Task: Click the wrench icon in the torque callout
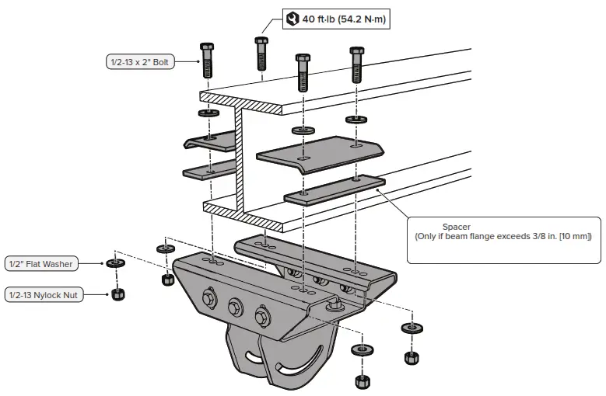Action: [x=292, y=19]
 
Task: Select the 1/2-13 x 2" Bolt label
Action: [x=140, y=61]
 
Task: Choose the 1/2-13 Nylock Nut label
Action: [x=47, y=294]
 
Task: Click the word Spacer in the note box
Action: [x=457, y=227]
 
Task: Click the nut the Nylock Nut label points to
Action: [x=117, y=294]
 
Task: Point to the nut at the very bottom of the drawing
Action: [x=362, y=381]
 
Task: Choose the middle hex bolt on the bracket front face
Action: [x=236, y=307]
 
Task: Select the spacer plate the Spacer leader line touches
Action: [x=335, y=189]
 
